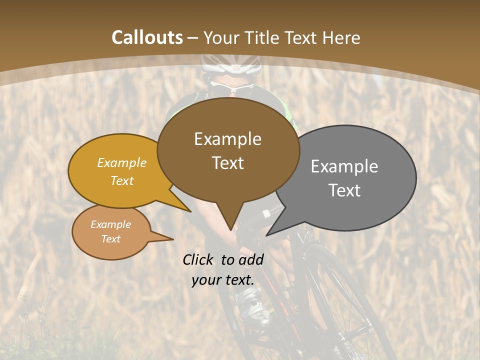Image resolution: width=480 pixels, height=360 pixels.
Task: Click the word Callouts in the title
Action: coord(147,37)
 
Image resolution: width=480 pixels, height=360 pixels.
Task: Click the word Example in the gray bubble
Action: coord(344,166)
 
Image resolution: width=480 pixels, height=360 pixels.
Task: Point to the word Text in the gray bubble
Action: coord(344,190)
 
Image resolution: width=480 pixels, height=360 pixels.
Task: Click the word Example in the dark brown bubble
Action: coord(227,139)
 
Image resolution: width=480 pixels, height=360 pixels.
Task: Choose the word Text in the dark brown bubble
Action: coord(227,163)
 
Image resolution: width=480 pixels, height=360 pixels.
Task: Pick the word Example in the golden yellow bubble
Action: coord(122,163)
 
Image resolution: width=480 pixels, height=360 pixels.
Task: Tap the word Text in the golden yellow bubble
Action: coord(122,180)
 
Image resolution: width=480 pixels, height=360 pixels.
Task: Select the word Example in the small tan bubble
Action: coord(111,224)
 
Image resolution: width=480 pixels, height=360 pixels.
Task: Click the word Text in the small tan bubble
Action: coord(111,239)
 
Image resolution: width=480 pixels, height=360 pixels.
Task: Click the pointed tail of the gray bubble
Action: coord(268,234)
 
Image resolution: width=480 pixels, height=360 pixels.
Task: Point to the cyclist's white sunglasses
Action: coord(231,88)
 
